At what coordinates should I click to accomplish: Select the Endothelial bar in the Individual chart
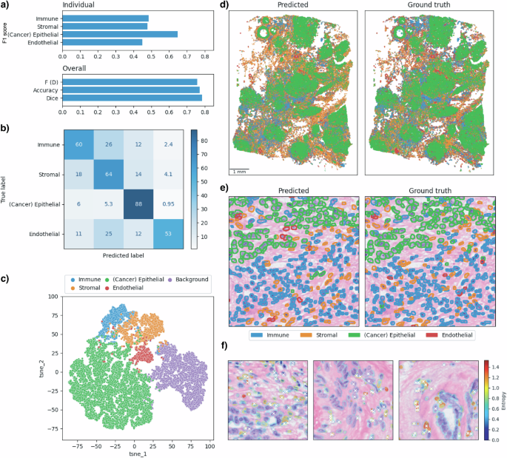pos(102,42)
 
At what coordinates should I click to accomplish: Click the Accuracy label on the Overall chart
pos(47,90)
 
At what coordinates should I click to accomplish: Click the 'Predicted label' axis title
pos(124,256)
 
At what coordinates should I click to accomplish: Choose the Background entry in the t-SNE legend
pos(189,279)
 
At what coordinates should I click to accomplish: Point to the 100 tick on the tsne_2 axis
pos(54,296)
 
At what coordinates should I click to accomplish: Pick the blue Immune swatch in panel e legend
pos(254,335)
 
